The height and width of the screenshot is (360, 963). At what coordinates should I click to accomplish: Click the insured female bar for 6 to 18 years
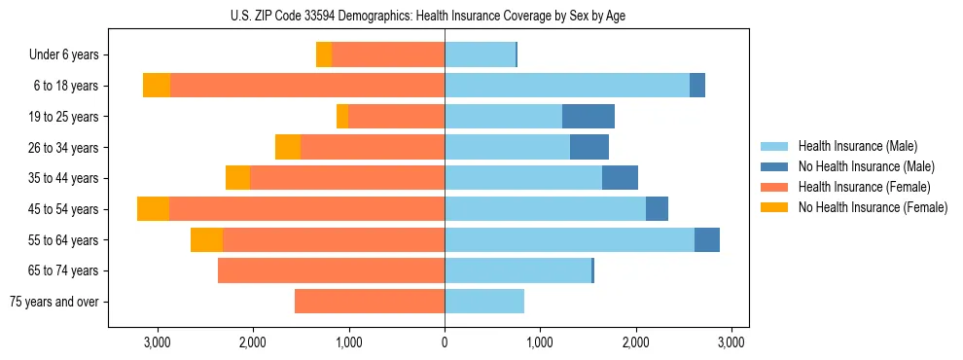pos(307,86)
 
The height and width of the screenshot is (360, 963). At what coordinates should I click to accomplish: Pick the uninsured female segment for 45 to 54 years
pos(153,209)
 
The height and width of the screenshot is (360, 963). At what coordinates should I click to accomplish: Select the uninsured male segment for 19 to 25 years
pos(588,117)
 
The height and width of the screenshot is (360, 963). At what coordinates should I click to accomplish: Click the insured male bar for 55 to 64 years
pos(569,240)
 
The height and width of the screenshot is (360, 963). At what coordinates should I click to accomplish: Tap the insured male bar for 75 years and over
pos(484,302)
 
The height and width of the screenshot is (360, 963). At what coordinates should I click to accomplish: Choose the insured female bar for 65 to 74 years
pos(331,270)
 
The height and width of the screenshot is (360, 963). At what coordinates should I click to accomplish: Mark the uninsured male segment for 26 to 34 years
pos(589,148)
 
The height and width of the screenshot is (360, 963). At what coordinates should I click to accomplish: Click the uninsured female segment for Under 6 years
pos(324,55)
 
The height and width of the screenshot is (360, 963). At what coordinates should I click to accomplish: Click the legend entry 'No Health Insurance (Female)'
pos(872,207)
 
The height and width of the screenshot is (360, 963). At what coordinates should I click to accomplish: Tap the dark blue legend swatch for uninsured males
pos(774,166)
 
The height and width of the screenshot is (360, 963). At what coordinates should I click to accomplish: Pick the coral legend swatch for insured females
pos(774,187)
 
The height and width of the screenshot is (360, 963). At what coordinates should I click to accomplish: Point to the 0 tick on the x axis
pos(445,342)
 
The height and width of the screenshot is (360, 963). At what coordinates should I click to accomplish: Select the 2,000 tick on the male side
pos(636,342)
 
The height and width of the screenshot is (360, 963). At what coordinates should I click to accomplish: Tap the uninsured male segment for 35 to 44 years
pos(620,178)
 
